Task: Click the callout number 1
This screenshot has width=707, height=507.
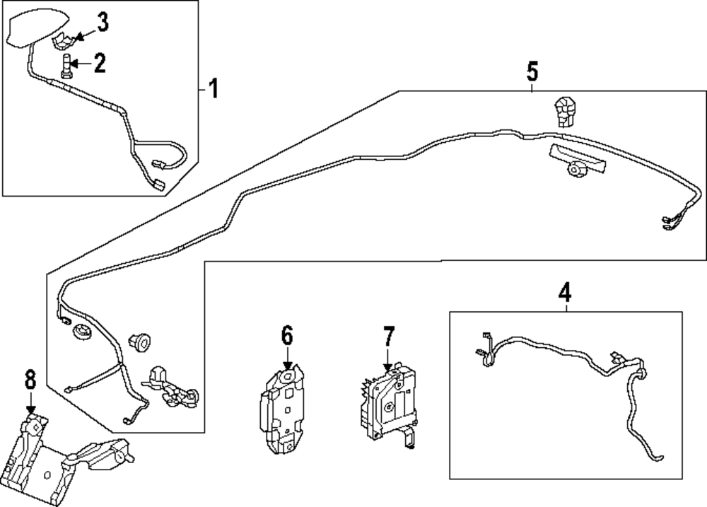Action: coord(213,90)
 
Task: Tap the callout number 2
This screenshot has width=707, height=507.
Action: coord(100,64)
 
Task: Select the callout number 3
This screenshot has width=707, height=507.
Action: coord(103,23)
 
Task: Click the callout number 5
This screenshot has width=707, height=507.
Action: coord(532,71)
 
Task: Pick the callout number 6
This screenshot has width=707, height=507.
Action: coord(286,335)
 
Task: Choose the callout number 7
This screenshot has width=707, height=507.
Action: coord(387,337)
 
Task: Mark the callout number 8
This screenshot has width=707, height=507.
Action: coord(30,380)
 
